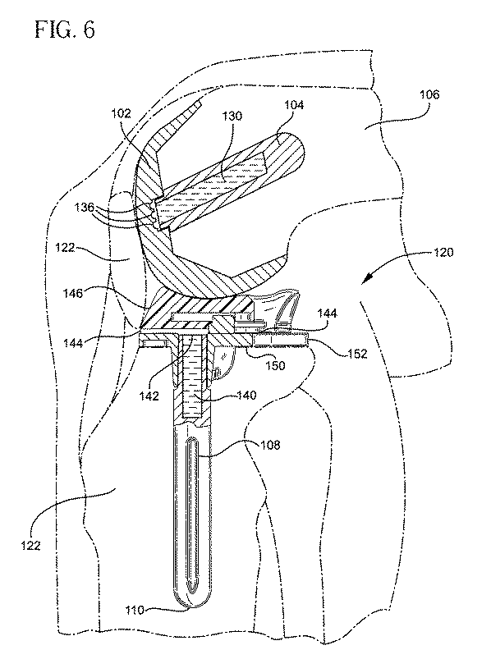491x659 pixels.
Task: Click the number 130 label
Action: click(x=233, y=117)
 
